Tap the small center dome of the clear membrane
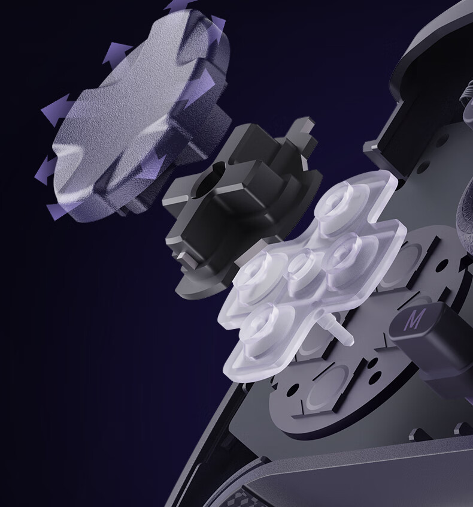[303, 271]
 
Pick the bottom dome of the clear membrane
[262, 327]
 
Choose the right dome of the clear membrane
[345, 255]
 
